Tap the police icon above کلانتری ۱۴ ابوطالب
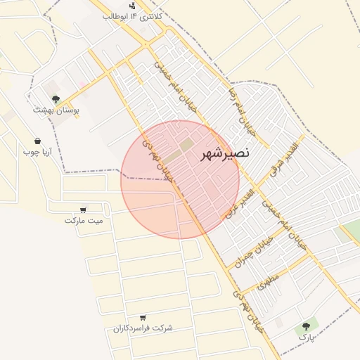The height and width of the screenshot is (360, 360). click(133, 5)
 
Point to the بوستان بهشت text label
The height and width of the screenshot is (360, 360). click(56, 110)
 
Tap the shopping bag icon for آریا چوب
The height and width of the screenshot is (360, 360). click(37, 141)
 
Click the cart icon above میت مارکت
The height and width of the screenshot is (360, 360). click(84, 210)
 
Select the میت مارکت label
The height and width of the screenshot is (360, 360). click(84, 220)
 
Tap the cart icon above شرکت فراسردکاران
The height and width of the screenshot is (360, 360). click(143, 318)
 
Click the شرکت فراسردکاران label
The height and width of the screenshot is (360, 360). click(143, 328)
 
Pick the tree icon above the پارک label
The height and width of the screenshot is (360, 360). click(306, 326)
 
